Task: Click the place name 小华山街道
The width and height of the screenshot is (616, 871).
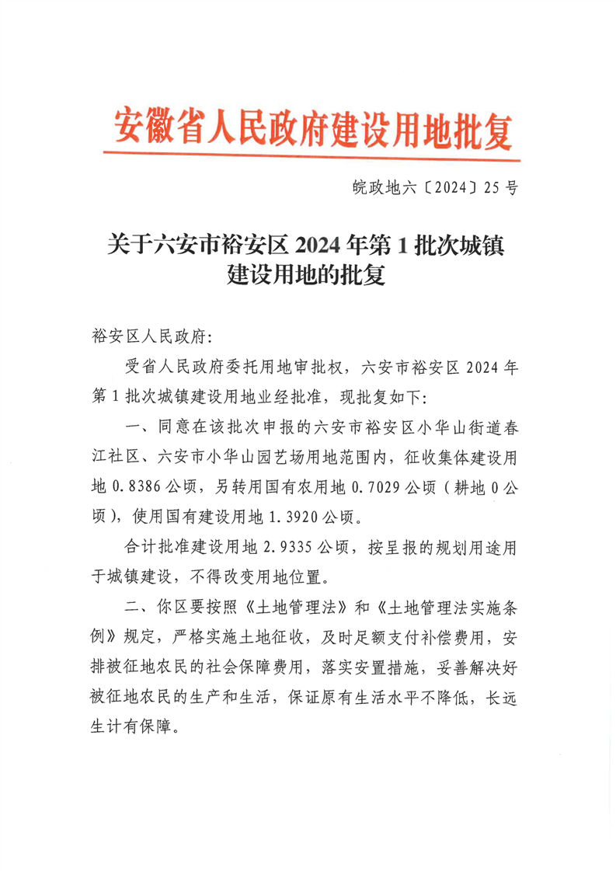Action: [454, 427]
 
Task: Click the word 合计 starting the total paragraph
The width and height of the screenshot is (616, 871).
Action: [140, 548]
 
